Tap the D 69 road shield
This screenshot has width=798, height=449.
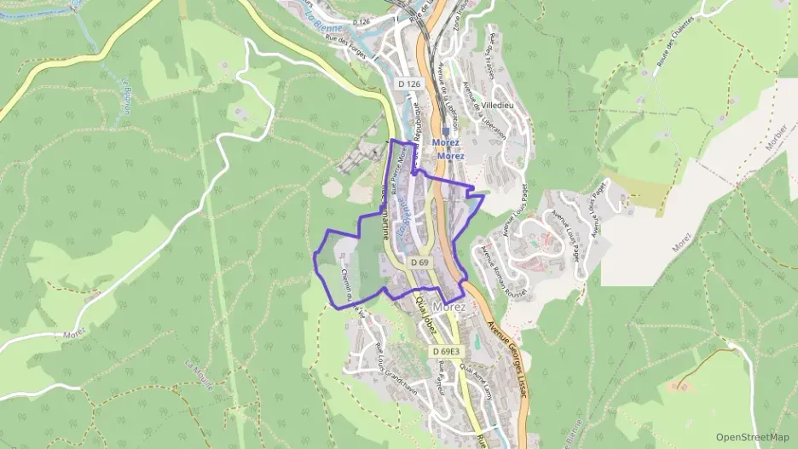pyautogui.click(x=419, y=263)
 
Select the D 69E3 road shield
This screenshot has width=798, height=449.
pyautogui.click(x=446, y=352)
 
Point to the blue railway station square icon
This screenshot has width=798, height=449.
pyautogui.click(x=446, y=132)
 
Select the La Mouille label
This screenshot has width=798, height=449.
pyautogui.click(x=199, y=371)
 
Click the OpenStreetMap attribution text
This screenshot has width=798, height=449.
pyautogui.click(x=753, y=437)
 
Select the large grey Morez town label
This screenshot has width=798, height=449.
pyautogui.click(x=449, y=307)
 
